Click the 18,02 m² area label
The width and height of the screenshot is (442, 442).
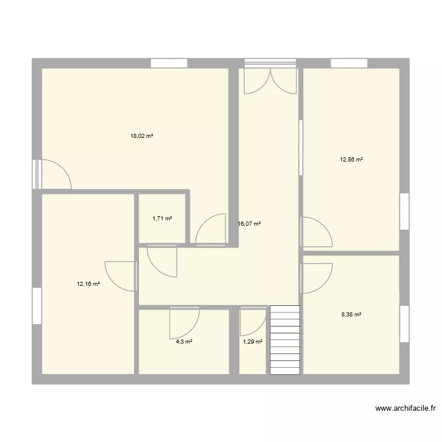141,136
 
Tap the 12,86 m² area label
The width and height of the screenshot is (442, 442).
351,159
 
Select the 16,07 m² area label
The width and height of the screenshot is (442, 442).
249,224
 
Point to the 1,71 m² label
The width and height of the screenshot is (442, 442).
162,219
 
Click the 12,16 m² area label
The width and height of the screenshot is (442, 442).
88,283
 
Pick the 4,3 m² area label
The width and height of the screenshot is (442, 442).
184,341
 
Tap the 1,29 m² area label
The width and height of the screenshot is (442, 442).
252,341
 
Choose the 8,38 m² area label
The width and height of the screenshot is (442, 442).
351,315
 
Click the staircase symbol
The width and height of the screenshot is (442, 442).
285,339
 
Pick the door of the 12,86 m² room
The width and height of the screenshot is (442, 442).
316,232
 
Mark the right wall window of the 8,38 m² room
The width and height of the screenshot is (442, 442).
404,324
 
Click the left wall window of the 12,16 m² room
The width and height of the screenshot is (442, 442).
37,306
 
